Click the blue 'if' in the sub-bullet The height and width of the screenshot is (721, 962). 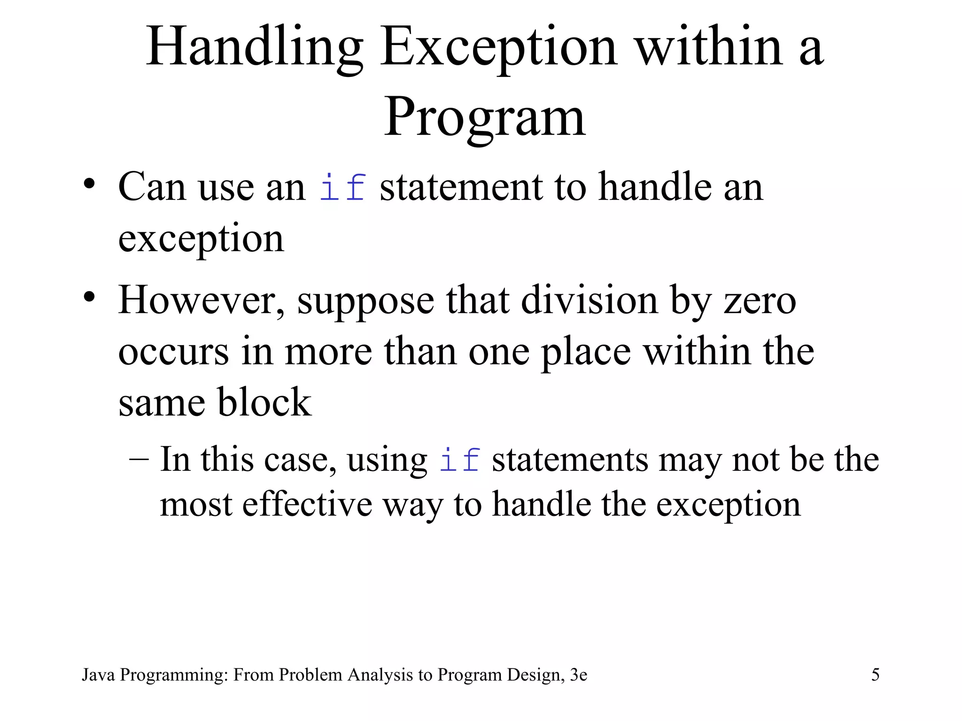click(459, 460)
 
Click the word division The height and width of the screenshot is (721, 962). click(589, 300)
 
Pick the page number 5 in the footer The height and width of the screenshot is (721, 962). click(875, 675)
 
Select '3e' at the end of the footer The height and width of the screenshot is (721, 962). click(578, 675)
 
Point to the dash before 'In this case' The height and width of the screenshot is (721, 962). click(139, 457)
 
